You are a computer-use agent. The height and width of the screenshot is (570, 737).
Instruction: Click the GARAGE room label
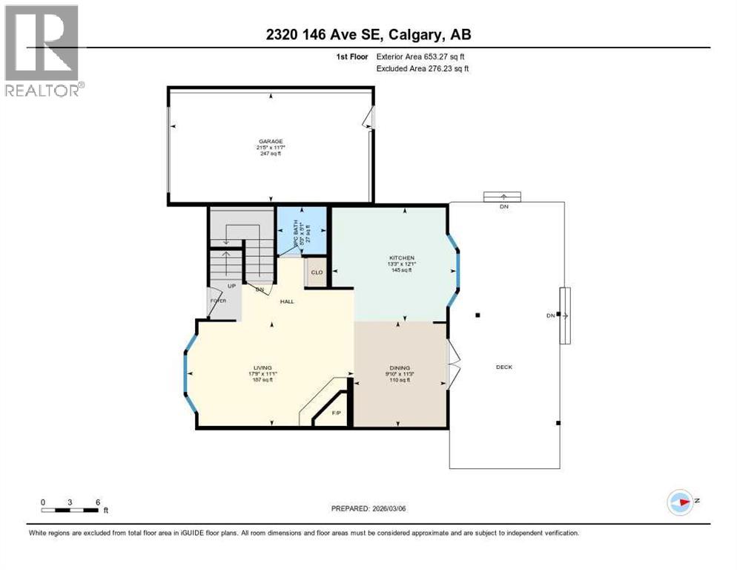pyautogui.click(x=271, y=141)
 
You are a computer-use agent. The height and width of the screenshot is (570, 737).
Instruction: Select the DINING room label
pyautogui.click(x=400, y=367)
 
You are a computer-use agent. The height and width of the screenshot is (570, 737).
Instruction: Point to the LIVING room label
pyautogui.click(x=262, y=367)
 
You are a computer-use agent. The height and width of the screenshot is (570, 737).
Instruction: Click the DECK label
pyautogui.click(x=504, y=367)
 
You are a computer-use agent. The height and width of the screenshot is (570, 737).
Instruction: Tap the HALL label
pyautogui.click(x=288, y=301)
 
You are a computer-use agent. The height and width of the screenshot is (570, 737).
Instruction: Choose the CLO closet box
pyautogui.click(x=317, y=272)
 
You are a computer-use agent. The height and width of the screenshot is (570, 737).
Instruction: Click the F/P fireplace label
pyautogui.click(x=336, y=412)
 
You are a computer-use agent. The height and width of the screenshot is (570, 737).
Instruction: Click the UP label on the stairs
pyautogui.click(x=231, y=285)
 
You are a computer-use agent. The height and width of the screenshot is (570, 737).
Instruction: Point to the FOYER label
pyautogui.click(x=217, y=301)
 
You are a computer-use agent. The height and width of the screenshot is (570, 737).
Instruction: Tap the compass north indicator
pyautogui.click(x=680, y=502)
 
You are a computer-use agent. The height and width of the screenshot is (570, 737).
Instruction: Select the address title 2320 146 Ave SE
pyautogui.click(x=368, y=34)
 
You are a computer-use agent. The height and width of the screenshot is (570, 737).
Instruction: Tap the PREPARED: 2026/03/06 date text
pyautogui.click(x=369, y=508)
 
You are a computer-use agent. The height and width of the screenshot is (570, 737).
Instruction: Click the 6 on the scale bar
pyautogui.click(x=97, y=502)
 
